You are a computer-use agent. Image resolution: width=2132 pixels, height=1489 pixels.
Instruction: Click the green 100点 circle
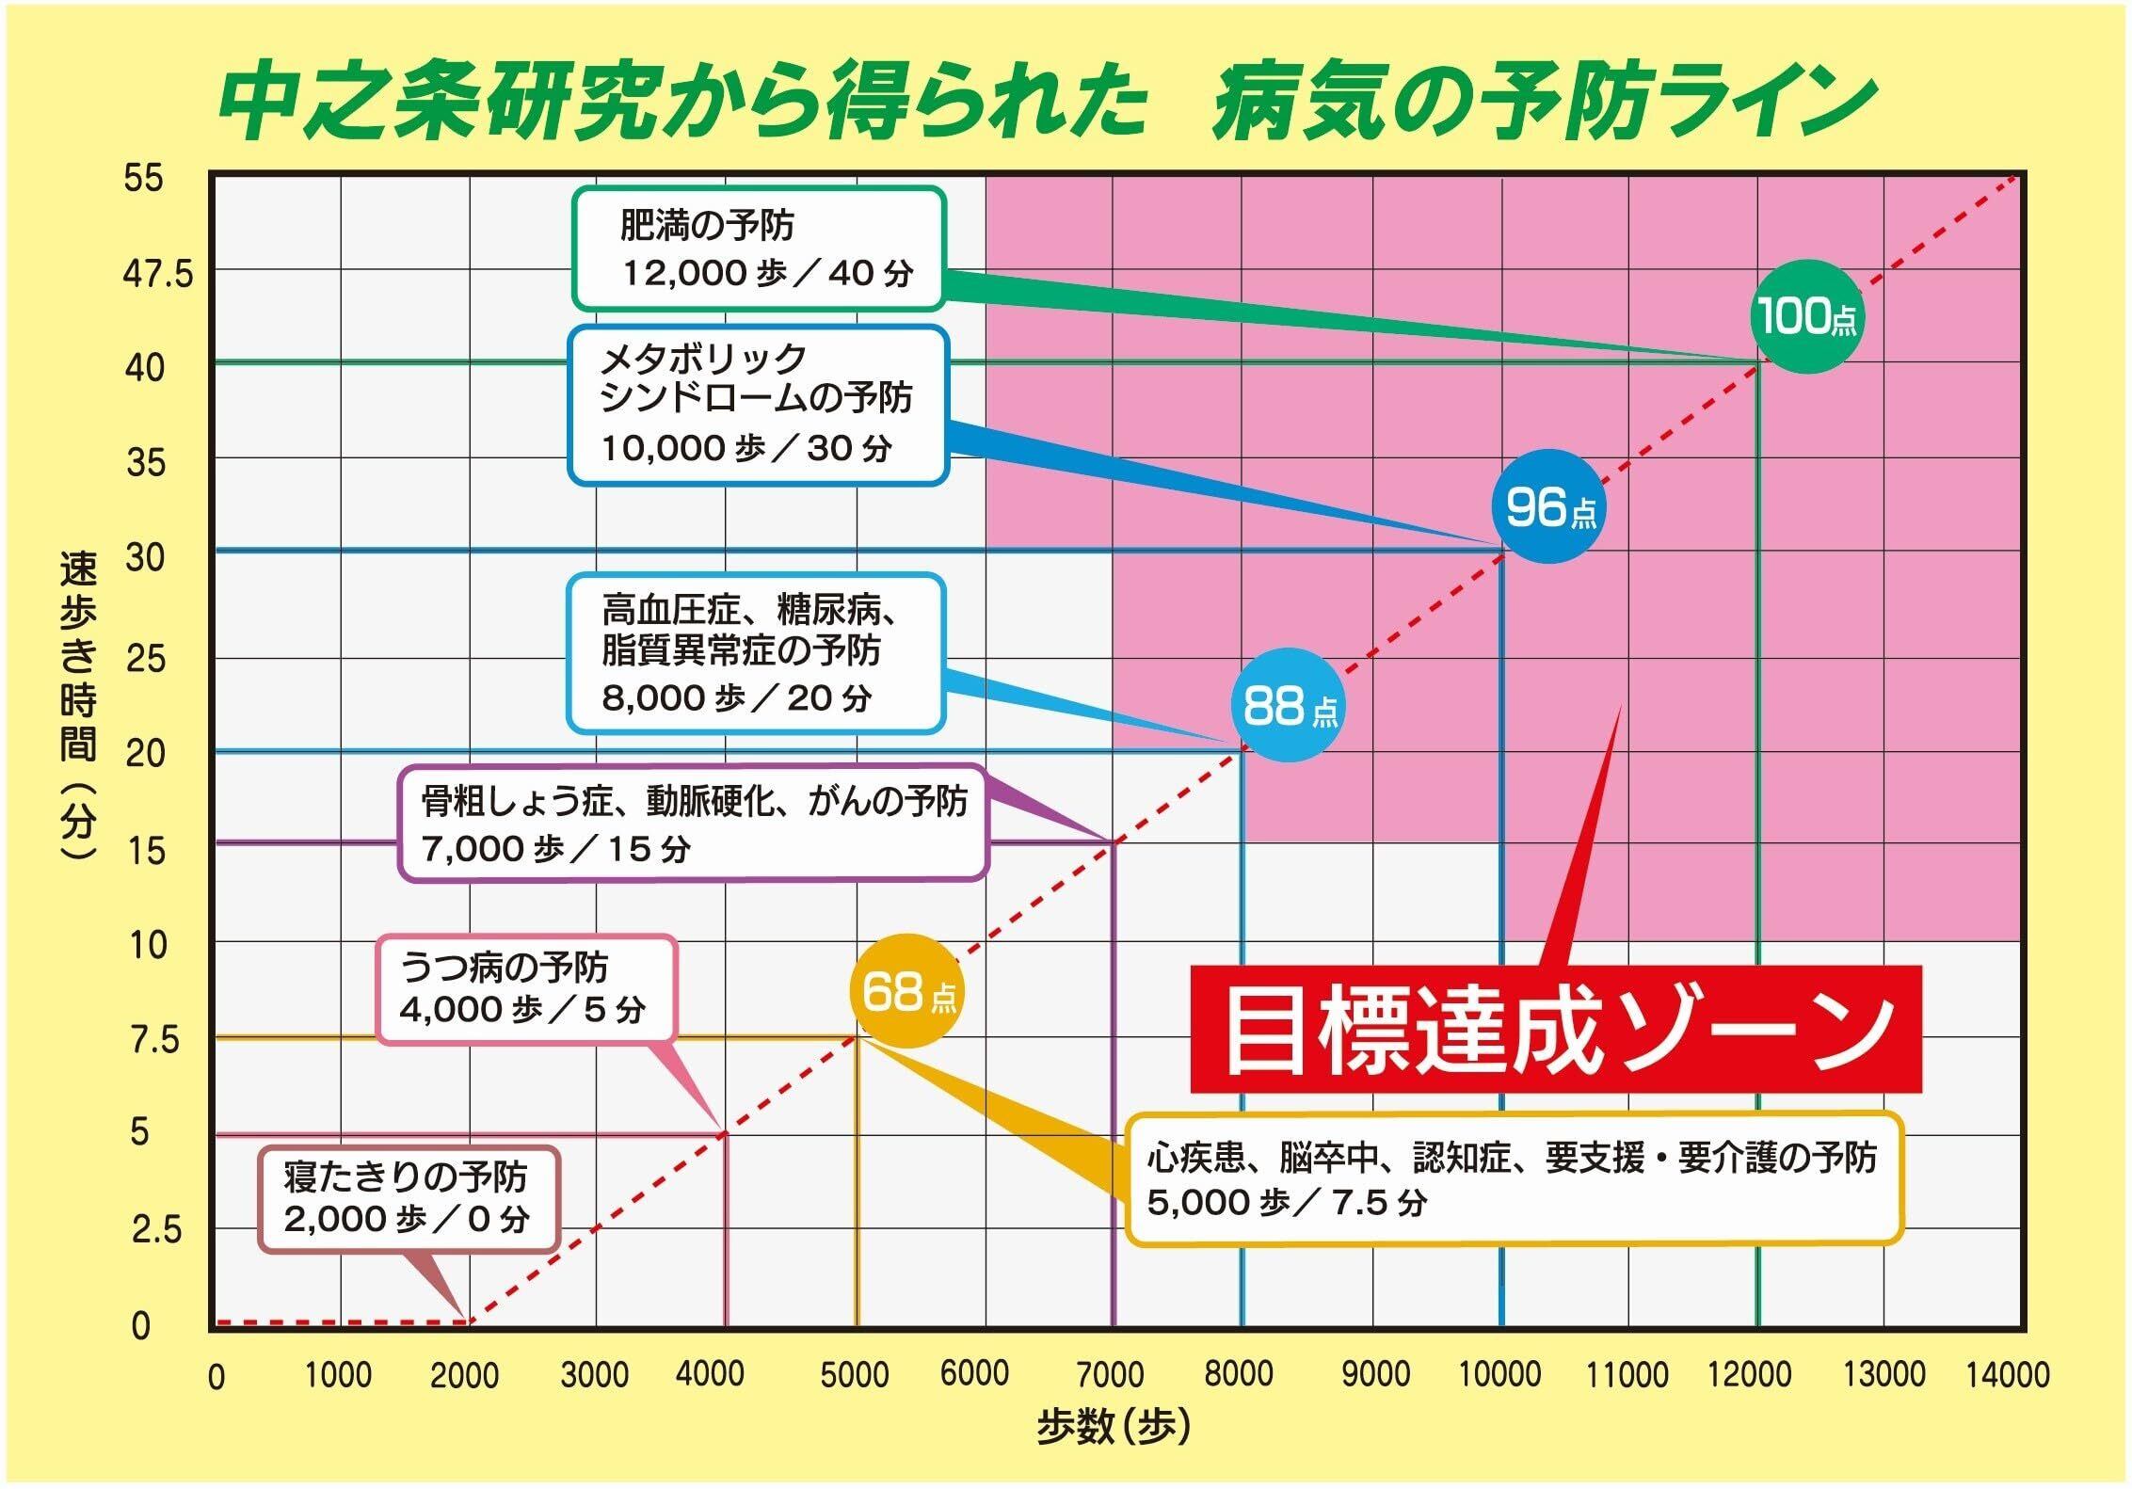pyautogui.click(x=1806, y=316)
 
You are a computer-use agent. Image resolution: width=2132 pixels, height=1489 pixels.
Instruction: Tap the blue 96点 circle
pyautogui.click(x=1548, y=508)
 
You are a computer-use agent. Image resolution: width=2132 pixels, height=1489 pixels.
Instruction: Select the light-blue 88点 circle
pyautogui.click(x=1288, y=705)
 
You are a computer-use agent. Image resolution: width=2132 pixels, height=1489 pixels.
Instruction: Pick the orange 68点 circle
pyautogui.click(x=906, y=990)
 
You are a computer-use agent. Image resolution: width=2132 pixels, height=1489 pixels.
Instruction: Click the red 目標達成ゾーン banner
pyautogui.click(x=1555, y=1030)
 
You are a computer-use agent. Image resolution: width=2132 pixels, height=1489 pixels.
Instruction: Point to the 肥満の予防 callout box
pyautogui.click(x=759, y=249)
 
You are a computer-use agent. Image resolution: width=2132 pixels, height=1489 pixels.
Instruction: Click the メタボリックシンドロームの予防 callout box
pyautogui.click(x=758, y=405)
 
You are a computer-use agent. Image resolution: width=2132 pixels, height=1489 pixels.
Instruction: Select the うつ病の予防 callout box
pyautogui.click(x=527, y=989)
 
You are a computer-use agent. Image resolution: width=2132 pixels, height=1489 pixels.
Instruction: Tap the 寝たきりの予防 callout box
pyautogui.click(x=409, y=1198)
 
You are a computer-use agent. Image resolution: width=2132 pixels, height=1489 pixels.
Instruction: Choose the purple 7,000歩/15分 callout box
pyautogui.click(x=693, y=824)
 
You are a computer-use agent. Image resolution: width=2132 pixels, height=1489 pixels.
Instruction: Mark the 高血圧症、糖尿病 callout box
pyautogui.click(x=755, y=653)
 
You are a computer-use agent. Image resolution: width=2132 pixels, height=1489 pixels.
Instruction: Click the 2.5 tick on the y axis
pyautogui.click(x=156, y=1229)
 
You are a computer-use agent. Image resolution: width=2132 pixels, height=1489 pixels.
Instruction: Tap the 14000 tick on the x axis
pyautogui.click(x=2008, y=1375)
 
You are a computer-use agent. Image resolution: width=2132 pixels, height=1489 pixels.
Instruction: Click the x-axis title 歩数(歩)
pyautogui.click(x=1113, y=1428)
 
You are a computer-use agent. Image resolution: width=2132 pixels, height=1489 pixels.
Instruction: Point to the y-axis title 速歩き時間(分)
pyautogui.click(x=79, y=705)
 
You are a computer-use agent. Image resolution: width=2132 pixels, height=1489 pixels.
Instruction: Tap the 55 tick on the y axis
pyautogui.click(x=143, y=178)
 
